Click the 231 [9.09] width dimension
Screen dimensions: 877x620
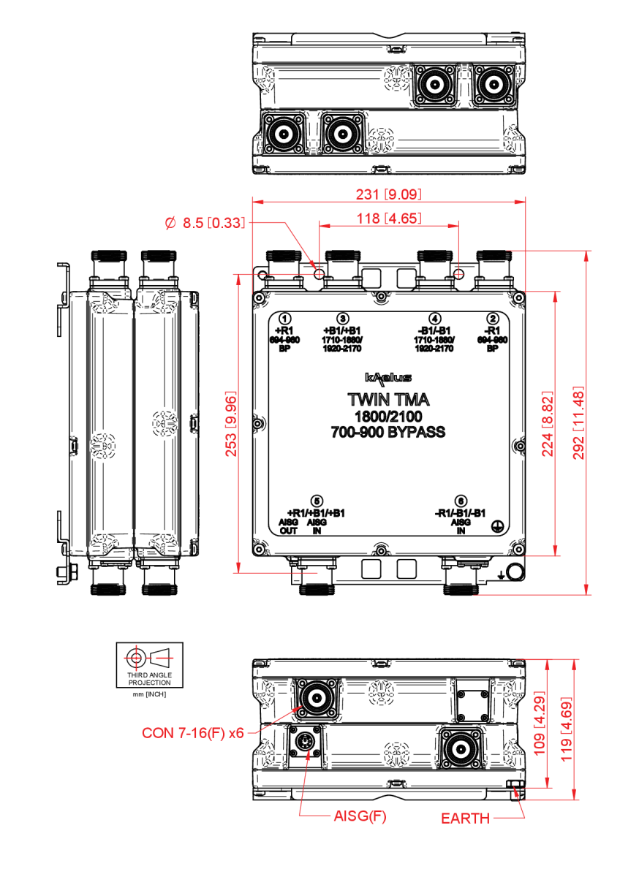click(x=388, y=194)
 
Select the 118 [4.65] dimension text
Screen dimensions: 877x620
click(x=388, y=218)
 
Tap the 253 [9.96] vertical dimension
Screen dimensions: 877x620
click(x=231, y=423)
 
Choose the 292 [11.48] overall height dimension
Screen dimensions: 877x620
click(x=581, y=423)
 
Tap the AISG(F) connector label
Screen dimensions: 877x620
click(x=358, y=816)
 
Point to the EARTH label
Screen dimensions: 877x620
click(x=465, y=819)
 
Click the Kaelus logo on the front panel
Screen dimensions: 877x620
click(x=388, y=378)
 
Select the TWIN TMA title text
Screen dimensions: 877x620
click(x=388, y=400)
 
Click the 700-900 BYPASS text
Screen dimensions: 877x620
click(x=388, y=433)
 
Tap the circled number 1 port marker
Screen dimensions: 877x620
click(x=287, y=319)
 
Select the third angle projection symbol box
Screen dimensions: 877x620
click(x=148, y=665)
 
